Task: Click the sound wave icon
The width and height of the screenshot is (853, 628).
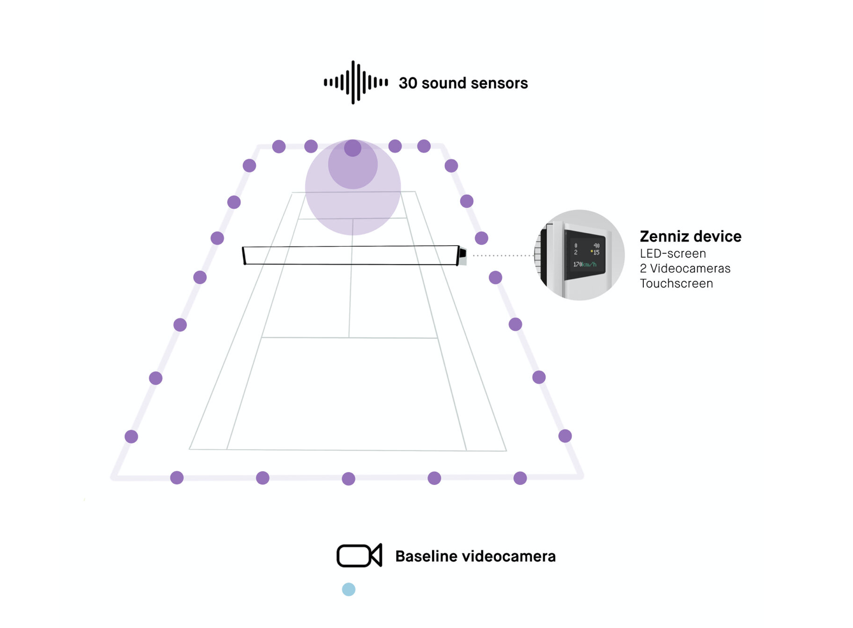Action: click(x=356, y=82)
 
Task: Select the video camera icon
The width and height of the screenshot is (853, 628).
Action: click(x=359, y=555)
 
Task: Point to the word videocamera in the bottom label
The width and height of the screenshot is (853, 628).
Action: click(x=510, y=556)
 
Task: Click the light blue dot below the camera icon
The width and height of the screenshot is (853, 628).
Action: click(x=348, y=589)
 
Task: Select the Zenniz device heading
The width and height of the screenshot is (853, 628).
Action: click(x=690, y=236)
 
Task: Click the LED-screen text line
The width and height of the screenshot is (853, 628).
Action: click(x=673, y=253)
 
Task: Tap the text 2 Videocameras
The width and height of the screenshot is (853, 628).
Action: click(x=684, y=268)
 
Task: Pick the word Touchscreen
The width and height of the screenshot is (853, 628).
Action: click(x=676, y=284)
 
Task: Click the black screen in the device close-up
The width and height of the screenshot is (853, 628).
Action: click(x=585, y=255)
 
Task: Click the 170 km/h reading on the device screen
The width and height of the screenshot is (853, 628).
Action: click(x=585, y=265)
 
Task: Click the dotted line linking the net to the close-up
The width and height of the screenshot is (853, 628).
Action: click(x=503, y=255)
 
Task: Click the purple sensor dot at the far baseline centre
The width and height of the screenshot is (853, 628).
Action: click(x=353, y=148)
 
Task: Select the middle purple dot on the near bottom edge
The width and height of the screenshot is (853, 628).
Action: click(x=348, y=478)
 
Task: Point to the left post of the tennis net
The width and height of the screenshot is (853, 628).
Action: click(x=244, y=256)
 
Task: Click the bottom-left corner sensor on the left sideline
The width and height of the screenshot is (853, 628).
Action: click(x=131, y=437)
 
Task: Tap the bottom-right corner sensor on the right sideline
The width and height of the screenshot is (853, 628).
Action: click(x=565, y=435)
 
